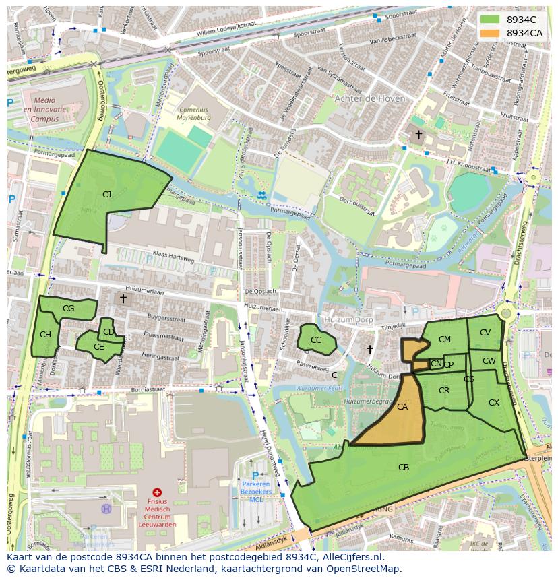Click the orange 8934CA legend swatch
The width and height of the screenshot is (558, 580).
(490, 33)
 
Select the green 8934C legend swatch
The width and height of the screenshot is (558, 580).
(490, 20)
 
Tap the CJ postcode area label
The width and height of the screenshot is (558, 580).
(106, 195)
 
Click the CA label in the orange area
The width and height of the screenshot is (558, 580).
(402, 407)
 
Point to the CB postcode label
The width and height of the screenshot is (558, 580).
(404, 468)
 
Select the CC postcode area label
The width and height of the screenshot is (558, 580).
(316, 340)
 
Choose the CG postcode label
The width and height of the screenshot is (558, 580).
(68, 309)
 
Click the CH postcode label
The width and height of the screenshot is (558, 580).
(45, 335)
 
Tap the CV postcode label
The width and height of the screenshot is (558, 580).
(485, 333)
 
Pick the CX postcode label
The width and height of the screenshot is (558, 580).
(494, 403)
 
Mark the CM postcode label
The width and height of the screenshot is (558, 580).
(445, 340)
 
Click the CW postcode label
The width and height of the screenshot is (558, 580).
(489, 362)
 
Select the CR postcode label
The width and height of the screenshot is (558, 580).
(444, 391)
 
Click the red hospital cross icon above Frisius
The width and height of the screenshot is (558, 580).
(158, 493)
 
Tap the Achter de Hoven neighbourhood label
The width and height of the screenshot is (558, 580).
(370, 98)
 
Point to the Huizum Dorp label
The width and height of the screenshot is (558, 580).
(348, 321)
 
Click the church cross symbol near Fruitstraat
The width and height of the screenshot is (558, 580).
(418, 135)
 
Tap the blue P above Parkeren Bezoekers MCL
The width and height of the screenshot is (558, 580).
(255, 474)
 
